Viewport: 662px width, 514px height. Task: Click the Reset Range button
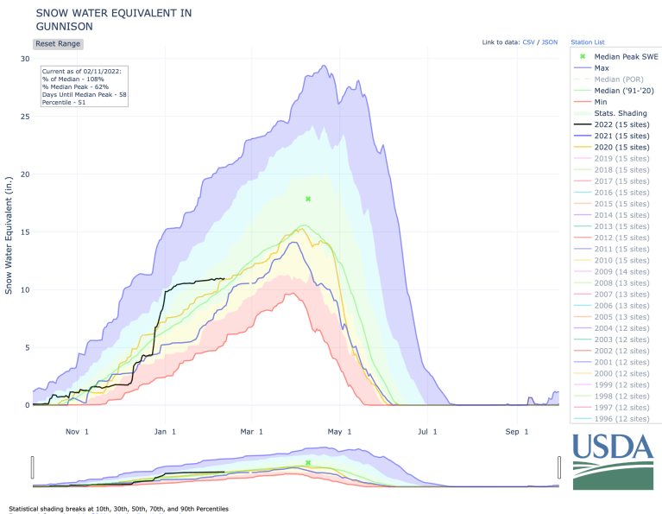58,43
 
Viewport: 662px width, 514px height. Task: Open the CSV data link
528,41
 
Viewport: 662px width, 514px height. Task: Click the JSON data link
551,41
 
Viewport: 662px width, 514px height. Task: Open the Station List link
588,41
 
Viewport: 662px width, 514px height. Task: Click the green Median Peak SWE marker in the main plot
307,199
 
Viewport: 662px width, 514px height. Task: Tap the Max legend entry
602,67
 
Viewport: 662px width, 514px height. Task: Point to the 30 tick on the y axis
25,59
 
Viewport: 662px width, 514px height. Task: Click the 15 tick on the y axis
25,232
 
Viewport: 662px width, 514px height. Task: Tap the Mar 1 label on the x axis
252,431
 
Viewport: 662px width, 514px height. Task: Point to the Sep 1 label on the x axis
516,431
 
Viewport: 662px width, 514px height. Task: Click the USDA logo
613,460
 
